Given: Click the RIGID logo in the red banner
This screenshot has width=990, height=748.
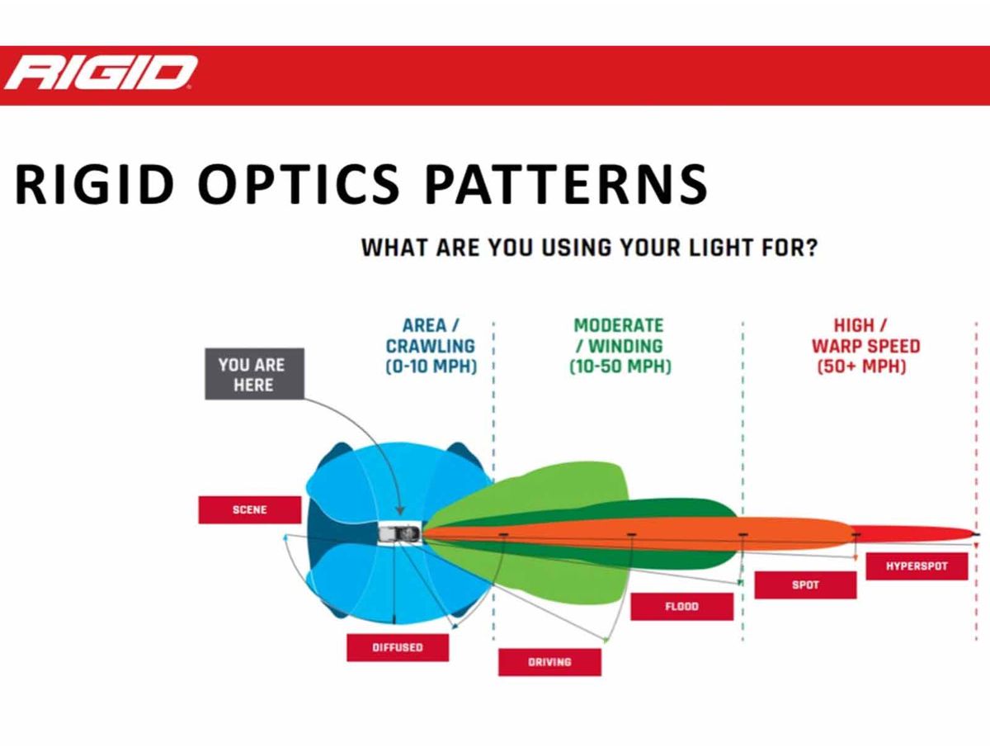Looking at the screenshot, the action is click(x=101, y=73).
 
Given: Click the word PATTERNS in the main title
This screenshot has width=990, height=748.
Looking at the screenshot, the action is click(x=566, y=184).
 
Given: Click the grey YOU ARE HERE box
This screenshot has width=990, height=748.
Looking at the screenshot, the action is click(x=254, y=374).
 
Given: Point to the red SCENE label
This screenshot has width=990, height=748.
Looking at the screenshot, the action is click(x=250, y=509).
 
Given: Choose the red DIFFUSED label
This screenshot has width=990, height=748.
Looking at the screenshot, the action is click(x=398, y=647).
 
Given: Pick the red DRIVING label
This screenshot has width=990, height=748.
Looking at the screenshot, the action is click(x=549, y=662).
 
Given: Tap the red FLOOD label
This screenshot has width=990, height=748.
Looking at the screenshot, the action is click(x=682, y=606).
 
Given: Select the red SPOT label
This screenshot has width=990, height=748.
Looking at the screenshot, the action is click(x=805, y=585).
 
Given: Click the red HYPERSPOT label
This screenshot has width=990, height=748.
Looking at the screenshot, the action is click(x=917, y=566).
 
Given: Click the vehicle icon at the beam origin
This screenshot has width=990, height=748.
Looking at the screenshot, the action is click(x=400, y=533).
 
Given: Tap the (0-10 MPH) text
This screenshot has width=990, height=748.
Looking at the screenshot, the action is click(x=431, y=367).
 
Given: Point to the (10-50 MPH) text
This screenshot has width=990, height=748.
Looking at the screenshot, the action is click(x=620, y=367).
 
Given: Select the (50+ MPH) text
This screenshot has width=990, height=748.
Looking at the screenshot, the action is click(x=862, y=367).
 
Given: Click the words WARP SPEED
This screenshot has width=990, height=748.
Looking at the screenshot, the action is click(x=866, y=346).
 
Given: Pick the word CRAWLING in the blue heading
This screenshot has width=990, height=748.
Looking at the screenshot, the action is click(x=431, y=346).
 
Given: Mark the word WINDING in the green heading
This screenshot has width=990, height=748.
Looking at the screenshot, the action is click(x=626, y=346).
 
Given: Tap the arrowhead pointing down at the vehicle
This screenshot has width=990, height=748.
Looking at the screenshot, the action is click(x=399, y=510).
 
